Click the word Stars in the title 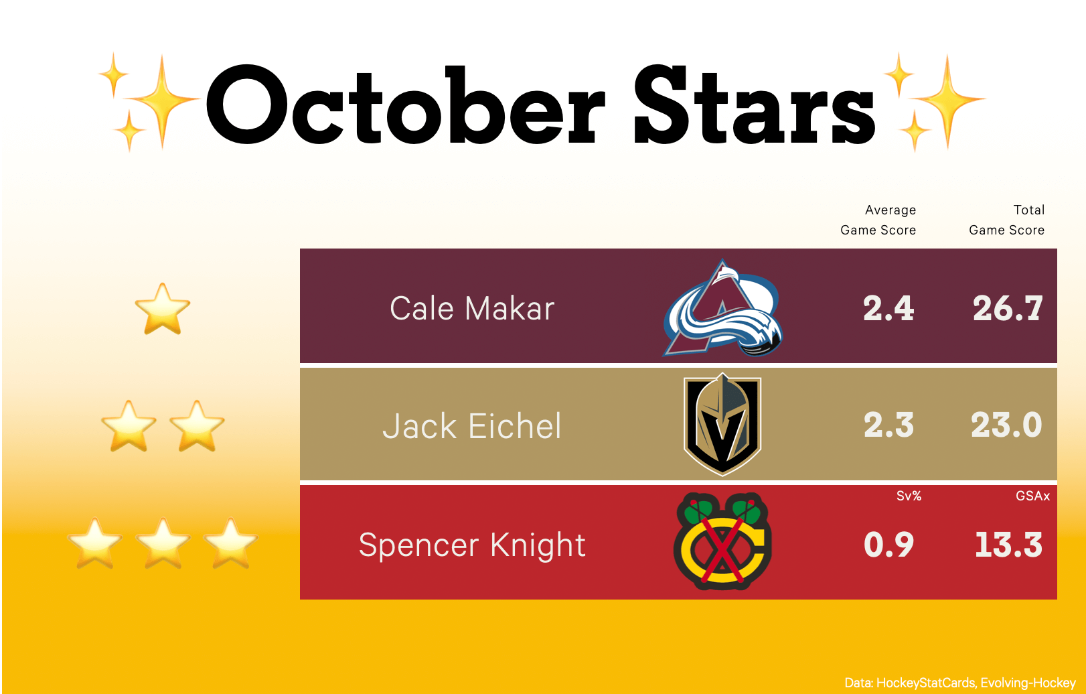click(x=755, y=104)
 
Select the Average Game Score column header click(x=878, y=220)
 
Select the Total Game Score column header click(x=1006, y=220)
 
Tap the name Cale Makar click(x=472, y=308)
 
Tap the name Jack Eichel click(x=472, y=426)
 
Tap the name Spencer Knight click(x=472, y=545)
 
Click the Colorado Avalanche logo click(x=723, y=308)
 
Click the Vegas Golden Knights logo click(x=722, y=424)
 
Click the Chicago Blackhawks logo click(x=722, y=541)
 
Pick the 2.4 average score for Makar click(x=888, y=308)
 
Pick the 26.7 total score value click(x=1008, y=308)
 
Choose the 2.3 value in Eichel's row click(x=888, y=425)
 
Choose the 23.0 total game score click(x=1006, y=425)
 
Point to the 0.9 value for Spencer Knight click(x=888, y=545)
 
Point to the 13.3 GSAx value click(x=1008, y=545)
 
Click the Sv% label click(x=909, y=496)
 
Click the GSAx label click(x=1032, y=496)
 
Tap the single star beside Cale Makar click(x=163, y=309)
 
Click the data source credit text click(x=960, y=683)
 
